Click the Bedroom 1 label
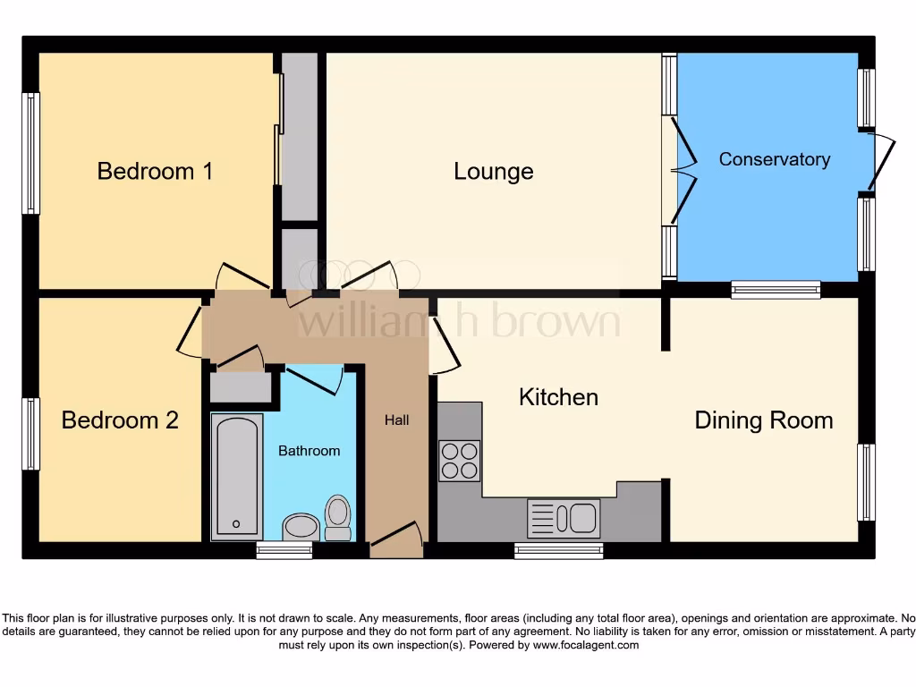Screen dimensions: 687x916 (x=155, y=171)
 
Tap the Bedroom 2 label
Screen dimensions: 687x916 (x=120, y=420)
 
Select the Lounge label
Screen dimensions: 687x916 (x=493, y=171)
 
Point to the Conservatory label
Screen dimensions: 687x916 (x=775, y=159)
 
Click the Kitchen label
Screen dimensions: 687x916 (x=558, y=396)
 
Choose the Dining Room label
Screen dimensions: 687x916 (x=763, y=420)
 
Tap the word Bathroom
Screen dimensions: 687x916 (x=309, y=451)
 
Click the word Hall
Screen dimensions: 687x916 (x=396, y=420)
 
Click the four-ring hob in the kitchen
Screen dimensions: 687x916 (x=459, y=461)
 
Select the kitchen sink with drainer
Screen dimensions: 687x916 (x=563, y=518)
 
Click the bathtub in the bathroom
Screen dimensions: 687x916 (x=237, y=477)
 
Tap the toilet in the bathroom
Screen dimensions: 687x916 (x=337, y=518)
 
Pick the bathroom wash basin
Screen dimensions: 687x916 (x=301, y=526)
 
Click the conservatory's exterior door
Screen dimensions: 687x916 (x=882, y=162)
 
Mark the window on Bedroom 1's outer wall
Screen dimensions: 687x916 (x=30, y=153)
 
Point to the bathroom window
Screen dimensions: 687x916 (x=284, y=550)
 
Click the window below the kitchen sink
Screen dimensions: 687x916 (x=558, y=550)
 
